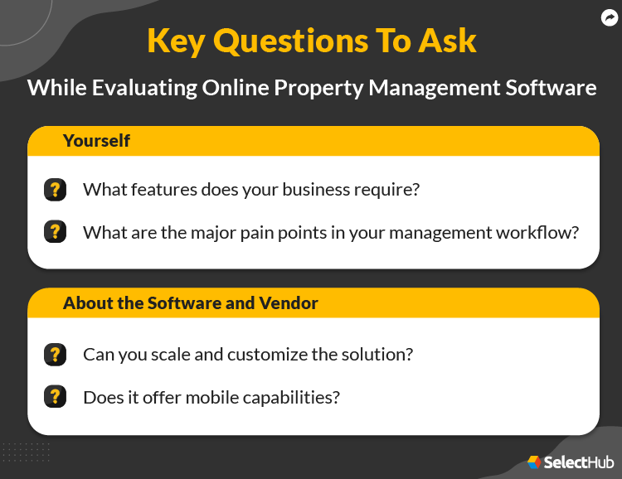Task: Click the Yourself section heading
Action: [x=96, y=141]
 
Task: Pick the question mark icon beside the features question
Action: [x=55, y=190]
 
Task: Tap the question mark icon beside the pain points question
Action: [x=55, y=232]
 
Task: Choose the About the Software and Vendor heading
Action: [x=191, y=303]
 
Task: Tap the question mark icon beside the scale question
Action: [x=55, y=355]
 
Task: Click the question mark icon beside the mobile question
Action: [x=55, y=397]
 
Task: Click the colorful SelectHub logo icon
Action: [x=535, y=462]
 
